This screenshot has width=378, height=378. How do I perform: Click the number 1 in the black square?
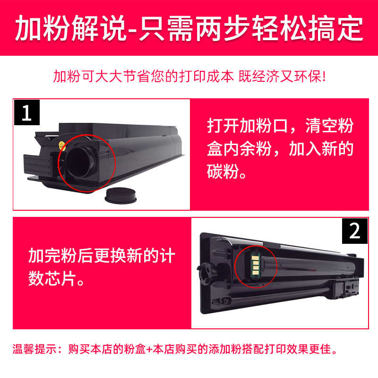point(27,113)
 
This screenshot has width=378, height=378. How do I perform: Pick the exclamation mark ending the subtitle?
point(323,77)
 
